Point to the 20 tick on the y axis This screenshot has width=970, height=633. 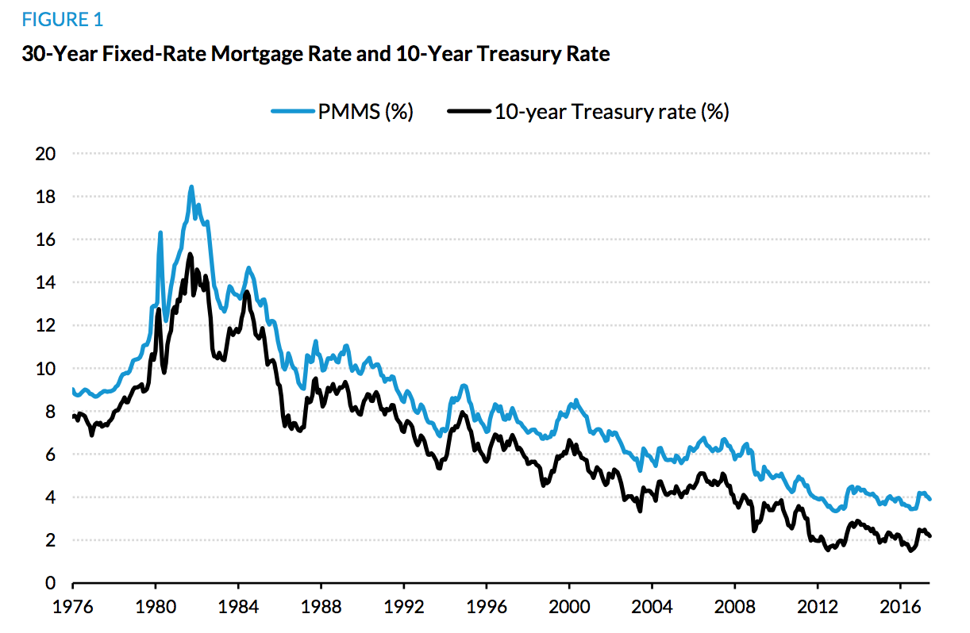45,154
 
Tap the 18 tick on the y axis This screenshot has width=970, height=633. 45,197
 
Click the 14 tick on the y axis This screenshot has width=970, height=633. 45,282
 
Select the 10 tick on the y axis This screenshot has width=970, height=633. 45,369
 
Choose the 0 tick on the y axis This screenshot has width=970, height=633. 50,584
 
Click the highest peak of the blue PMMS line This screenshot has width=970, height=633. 191,187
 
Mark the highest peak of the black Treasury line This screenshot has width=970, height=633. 190,254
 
